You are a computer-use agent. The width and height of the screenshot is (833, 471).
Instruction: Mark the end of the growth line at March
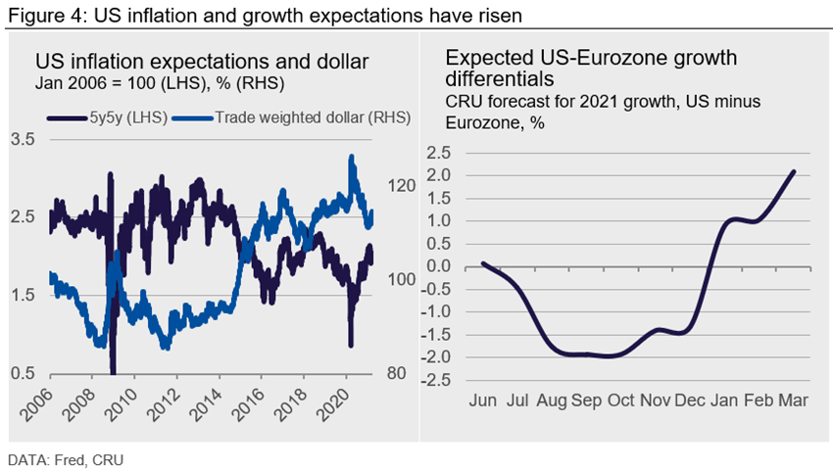[793, 171]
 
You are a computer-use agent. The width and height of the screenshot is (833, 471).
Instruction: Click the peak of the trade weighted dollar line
[351, 157]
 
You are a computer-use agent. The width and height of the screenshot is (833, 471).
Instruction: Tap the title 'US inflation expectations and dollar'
[202, 63]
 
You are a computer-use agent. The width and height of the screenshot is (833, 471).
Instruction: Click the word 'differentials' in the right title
[499, 76]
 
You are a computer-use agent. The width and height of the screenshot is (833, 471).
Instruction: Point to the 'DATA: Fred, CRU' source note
[61, 457]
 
